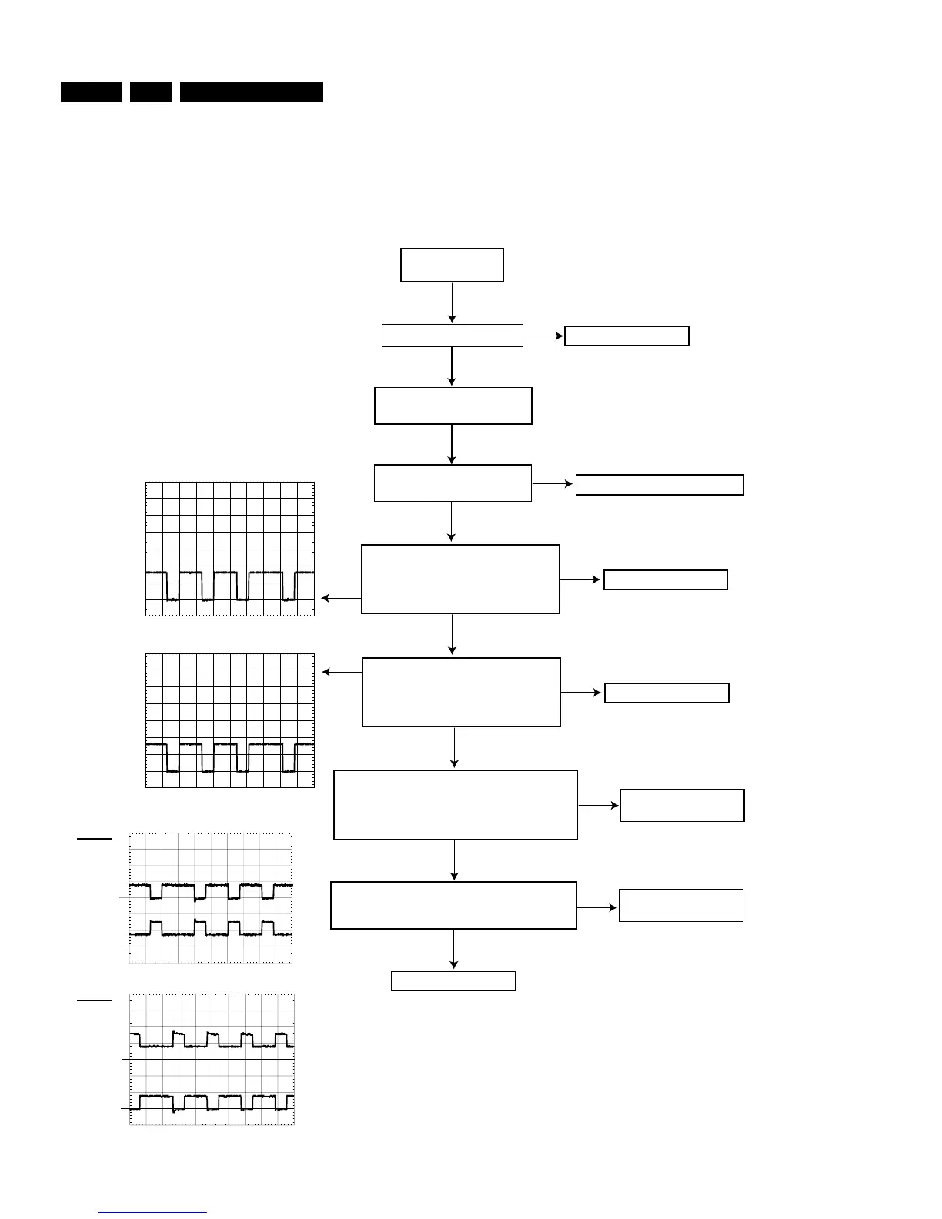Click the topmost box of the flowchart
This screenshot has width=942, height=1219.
click(452, 265)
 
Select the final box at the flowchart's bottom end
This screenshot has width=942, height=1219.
click(453, 980)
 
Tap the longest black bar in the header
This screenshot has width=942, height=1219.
click(252, 92)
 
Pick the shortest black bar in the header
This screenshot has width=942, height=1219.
click(150, 92)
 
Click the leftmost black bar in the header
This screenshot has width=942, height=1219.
click(92, 92)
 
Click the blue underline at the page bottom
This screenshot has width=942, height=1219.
click(152, 1212)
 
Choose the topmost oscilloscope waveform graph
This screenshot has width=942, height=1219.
click(230, 549)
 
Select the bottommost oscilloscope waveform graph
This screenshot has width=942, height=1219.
click(212, 1059)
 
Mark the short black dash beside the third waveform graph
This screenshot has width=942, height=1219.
click(94, 838)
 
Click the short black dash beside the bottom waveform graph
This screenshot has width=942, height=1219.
click(94, 1000)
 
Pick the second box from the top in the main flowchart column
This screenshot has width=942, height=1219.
click(453, 336)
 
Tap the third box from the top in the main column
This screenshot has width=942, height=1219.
click(453, 406)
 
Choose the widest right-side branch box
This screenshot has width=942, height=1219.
click(660, 485)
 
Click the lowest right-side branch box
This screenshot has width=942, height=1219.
click(681, 905)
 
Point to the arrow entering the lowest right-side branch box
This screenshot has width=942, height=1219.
click(598, 908)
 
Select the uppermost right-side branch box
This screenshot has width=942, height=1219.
click(626, 336)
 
